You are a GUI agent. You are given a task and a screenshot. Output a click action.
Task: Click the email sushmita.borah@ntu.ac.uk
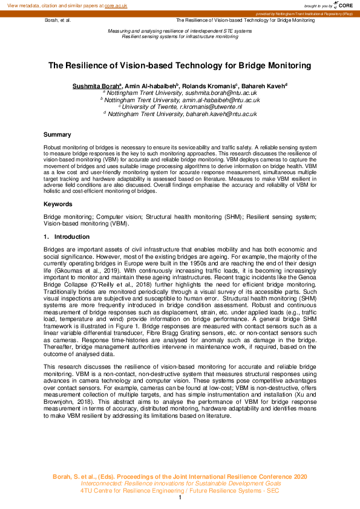coord(222,94)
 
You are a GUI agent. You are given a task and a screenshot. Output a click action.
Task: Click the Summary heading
coord(57,134)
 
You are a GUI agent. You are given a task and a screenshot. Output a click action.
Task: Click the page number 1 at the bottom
coord(180,498)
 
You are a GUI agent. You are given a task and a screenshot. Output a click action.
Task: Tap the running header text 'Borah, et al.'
coord(58,20)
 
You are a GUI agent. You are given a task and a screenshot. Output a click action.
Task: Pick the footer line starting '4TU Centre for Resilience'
coord(180,490)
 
